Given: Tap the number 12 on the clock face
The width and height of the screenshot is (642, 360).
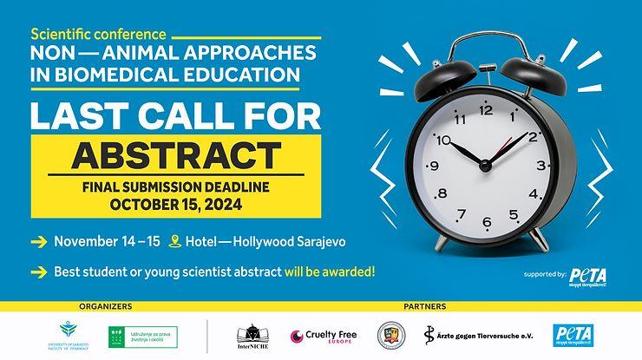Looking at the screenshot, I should [486, 109].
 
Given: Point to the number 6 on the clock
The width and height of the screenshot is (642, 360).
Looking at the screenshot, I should [487, 222].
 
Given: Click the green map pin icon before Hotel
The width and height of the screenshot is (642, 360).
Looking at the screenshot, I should [175, 241].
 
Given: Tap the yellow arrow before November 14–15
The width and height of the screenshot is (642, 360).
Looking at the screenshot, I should [38, 241].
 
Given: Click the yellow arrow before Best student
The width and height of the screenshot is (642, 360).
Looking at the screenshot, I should [38, 272].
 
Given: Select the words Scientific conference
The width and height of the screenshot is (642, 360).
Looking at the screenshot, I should [98, 35].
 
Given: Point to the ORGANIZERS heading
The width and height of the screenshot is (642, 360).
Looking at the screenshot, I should [105, 306].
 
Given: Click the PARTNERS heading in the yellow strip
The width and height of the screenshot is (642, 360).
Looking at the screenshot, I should [425, 306].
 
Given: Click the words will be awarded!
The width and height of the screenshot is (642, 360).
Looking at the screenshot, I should [330, 272].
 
